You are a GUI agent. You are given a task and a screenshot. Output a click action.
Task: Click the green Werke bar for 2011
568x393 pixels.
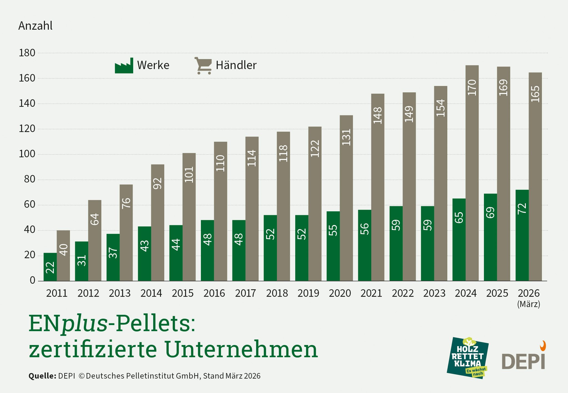[50, 267]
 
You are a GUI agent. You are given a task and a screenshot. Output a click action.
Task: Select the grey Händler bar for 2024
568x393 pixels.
[472, 173]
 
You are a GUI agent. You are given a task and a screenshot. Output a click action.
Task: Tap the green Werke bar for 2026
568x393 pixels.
[522, 235]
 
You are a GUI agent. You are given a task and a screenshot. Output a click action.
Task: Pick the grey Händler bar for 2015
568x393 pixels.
[189, 217]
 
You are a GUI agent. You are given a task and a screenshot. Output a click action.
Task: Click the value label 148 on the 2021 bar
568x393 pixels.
[378, 115]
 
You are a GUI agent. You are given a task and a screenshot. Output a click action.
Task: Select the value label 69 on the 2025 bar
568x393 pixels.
[490, 212]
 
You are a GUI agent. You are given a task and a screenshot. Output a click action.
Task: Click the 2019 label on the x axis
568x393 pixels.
[308, 293]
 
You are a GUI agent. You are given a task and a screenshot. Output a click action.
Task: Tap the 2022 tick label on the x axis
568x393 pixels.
[403, 293]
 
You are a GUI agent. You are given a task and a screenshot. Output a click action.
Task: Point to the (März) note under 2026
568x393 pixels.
[529, 304]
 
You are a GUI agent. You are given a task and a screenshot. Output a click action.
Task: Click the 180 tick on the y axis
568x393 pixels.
[27, 53]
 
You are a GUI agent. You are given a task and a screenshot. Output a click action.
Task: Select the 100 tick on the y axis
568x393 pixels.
[27, 154]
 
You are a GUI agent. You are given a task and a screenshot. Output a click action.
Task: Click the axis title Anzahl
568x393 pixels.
[35, 26]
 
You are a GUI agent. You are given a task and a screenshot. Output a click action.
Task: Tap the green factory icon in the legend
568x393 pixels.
[124, 66]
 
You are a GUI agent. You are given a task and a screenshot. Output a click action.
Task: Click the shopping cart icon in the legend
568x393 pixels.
[203, 66]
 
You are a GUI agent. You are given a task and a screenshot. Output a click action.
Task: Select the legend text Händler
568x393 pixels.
[236, 65]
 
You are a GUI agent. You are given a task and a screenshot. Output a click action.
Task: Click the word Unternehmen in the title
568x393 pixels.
[241, 349]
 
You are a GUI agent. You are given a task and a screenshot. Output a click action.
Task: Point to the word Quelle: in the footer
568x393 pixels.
[42, 376]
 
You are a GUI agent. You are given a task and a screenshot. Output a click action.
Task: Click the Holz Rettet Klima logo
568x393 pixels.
[468, 358]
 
